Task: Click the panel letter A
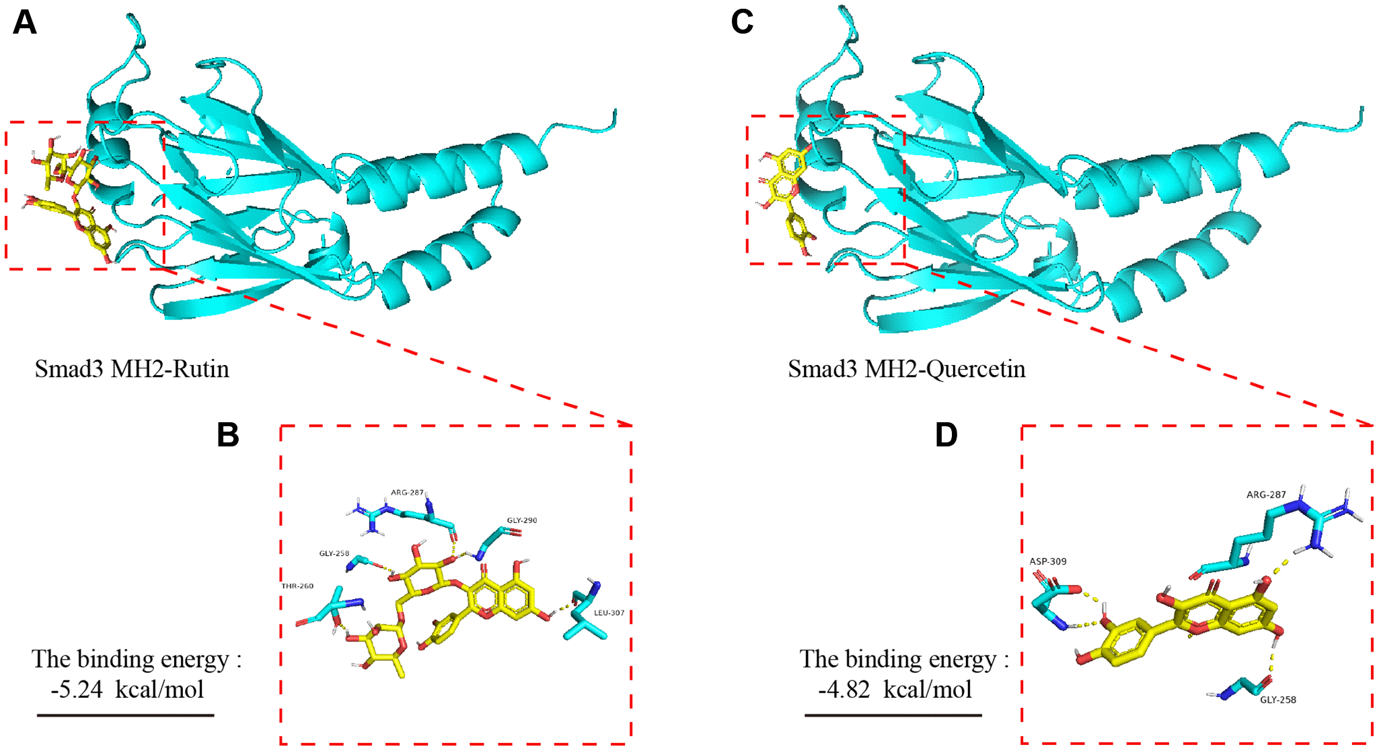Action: point(24,22)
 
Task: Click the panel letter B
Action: point(228,435)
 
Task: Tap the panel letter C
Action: point(742,22)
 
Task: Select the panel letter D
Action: point(946,435)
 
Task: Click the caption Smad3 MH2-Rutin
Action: point(132,369)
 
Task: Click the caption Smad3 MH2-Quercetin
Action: point(906,369)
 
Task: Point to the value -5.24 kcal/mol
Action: point(127,689)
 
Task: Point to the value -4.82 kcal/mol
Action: point(895,689)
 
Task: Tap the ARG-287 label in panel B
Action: point(407,492)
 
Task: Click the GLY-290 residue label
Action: point(522,520)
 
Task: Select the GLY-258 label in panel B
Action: point(334,553)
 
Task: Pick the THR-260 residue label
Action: point(297,586)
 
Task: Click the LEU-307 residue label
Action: point(609,613)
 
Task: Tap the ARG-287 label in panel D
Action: point(1266,495)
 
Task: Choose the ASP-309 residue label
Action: point(1047,561)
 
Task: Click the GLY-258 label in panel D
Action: point(1278,700)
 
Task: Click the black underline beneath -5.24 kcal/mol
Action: point(125,715)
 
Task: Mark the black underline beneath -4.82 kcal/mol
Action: point(893,715)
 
